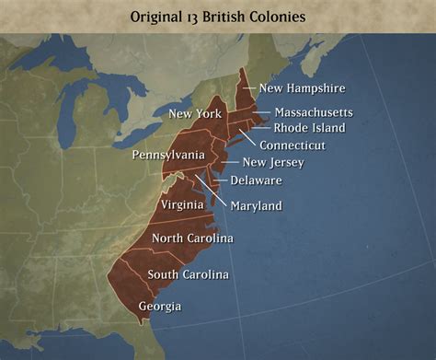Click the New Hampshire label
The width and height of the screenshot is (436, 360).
pos(301,88)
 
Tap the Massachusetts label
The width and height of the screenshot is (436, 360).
pos(313,112)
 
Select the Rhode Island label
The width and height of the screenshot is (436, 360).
pos(309,128)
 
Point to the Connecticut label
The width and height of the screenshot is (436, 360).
pos(292,145)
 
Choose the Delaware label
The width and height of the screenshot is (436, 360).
pos(256,180)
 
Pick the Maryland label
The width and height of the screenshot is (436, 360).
pos(256,205)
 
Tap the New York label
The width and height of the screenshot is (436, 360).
pos(194,114)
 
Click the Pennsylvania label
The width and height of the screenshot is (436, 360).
pos(167,155)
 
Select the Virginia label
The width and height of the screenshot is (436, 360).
pos(182,203)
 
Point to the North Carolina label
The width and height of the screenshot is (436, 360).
pos(192,238)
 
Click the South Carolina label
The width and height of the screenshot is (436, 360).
pos(188,274)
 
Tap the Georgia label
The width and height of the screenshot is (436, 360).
pos(159,306)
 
